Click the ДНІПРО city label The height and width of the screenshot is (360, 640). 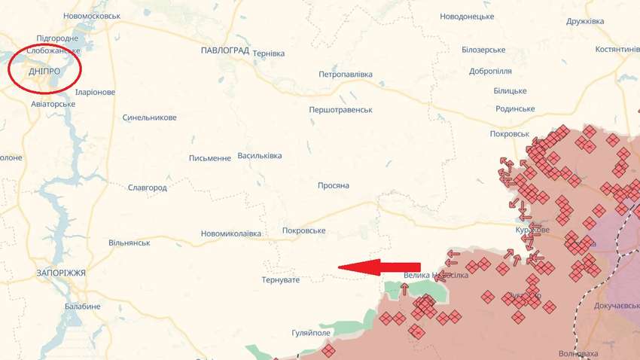click(44, 72)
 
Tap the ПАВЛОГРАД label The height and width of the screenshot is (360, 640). click(225, 50)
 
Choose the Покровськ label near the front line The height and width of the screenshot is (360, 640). click(509, 133)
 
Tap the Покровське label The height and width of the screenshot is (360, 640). click(303, 230)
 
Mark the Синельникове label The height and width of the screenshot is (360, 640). click(150, 117)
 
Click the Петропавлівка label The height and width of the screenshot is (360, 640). click(346, 75)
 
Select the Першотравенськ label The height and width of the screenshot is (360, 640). click(341, 110)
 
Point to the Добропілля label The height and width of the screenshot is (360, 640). click(490, 71)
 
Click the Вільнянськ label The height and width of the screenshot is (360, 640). click(130, 243)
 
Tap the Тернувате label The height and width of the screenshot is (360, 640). click(281, 280)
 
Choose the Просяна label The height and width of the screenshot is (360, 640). click(334, 185)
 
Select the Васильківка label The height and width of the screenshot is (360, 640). click(260, 156)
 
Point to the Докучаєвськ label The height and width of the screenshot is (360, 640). click(602, 306)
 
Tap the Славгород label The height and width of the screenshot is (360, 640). click(147, 187)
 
